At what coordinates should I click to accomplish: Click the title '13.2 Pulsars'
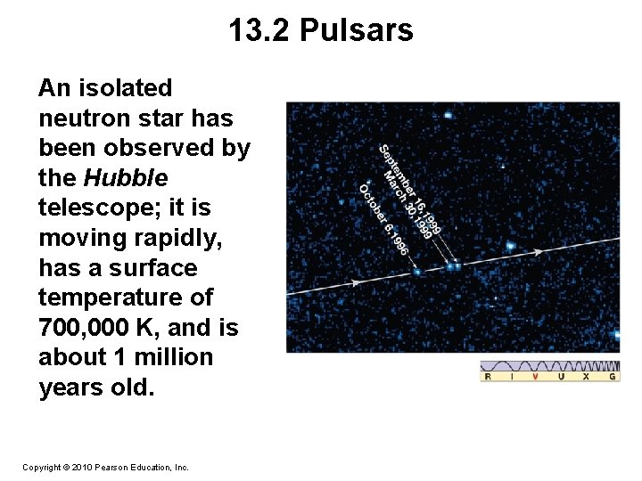[321, 31]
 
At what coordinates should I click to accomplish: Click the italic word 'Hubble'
[126, 177]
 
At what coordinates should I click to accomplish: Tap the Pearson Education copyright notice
[105, 467]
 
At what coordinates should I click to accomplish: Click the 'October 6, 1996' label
[383, 218]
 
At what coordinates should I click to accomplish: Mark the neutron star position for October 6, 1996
[417, 272]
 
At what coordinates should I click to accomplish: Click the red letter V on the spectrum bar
[536, 377]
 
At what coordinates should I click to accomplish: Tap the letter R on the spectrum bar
[487, 377]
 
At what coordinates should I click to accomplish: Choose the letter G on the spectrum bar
[613, 377]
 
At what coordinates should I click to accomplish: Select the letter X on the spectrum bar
[586, 377]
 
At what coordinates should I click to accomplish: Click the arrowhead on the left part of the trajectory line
[356, 282]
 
